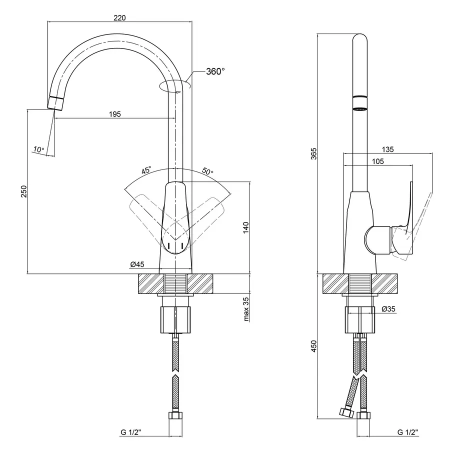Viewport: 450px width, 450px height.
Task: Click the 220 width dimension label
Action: tap(119, 17)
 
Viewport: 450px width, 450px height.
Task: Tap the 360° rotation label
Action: tap(215, 71)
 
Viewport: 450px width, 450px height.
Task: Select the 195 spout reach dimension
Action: tap(115, 114)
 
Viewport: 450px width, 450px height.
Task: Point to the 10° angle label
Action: tap(38, 149)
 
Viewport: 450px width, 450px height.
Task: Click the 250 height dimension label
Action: tap(23, 192)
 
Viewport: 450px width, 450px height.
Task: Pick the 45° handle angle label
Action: tap(146, 170)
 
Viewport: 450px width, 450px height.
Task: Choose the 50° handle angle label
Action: tap(207, 171)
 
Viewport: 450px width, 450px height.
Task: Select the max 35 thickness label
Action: tap(246, 309)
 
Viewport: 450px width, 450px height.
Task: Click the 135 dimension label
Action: tap(387, 149)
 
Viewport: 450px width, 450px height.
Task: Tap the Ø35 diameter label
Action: tap(388, 309)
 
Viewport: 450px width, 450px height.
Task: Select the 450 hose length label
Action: tap(314, 346)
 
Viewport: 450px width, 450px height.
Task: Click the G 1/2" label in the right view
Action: tap(408, 432)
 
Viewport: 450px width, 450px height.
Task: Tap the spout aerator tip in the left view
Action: tap(56, 102)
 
